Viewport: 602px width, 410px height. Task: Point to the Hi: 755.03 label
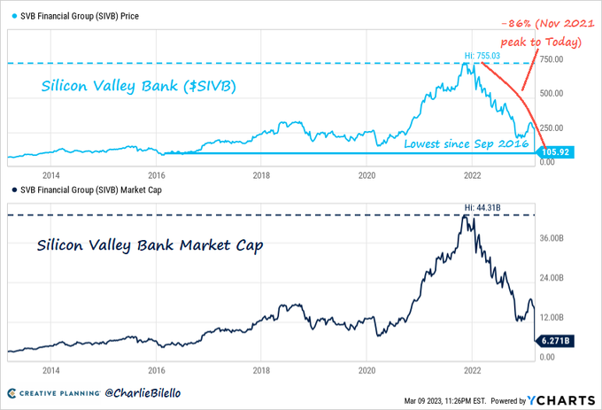pos(482,56)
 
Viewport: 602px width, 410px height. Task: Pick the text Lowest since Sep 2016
pos(472,143)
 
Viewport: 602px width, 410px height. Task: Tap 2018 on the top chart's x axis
pos(261,175)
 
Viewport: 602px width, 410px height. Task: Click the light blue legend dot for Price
pos(12,16)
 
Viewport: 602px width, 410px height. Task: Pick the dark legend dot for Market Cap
pos(12,190)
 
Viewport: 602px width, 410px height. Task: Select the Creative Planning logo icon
pos(14,391)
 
